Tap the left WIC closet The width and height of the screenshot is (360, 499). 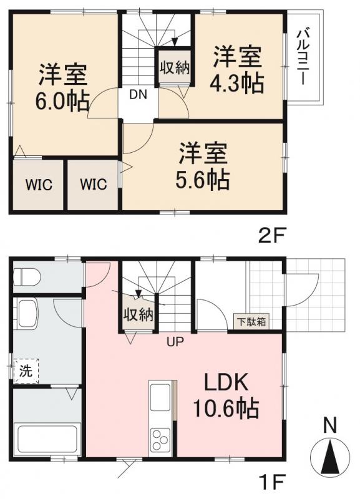[38, 185]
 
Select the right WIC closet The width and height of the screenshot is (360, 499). [93, 185]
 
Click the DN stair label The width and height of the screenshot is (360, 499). [139, 95]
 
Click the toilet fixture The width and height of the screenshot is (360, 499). [27, 275]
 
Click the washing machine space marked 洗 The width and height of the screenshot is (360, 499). [26, 371]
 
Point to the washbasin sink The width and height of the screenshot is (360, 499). [27, 312]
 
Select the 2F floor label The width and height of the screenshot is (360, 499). [272, 238]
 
